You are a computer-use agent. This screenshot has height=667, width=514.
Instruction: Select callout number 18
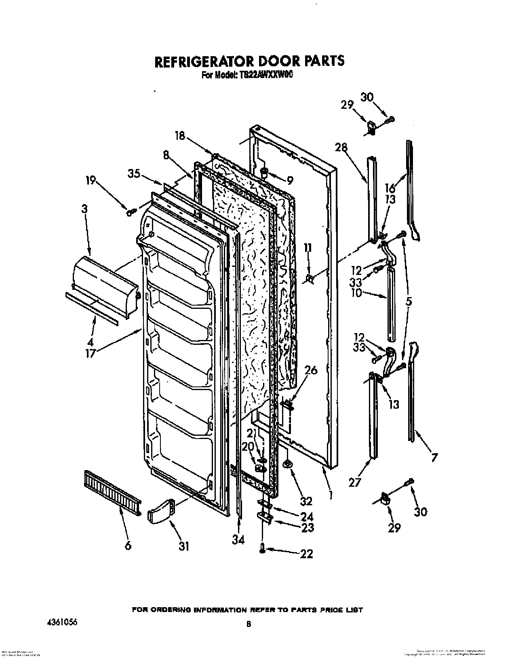click(180, 136)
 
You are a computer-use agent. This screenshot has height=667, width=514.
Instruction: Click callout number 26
click(311, 370)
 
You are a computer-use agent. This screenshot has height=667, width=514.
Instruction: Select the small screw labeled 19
click(131, 212)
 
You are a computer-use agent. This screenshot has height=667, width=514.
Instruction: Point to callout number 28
click(341, 148)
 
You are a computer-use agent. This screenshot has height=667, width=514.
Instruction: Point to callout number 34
click(238, 540)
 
